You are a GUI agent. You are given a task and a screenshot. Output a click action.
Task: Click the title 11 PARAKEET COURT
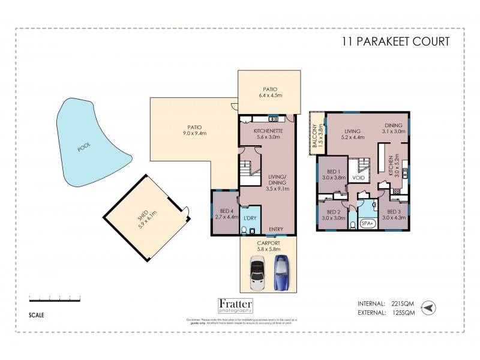point(395,41)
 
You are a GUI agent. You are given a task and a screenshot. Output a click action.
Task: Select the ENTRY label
point(276,229)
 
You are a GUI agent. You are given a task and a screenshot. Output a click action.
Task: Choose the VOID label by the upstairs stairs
point(359,178)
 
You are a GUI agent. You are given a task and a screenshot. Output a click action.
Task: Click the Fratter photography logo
point(235,306)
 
